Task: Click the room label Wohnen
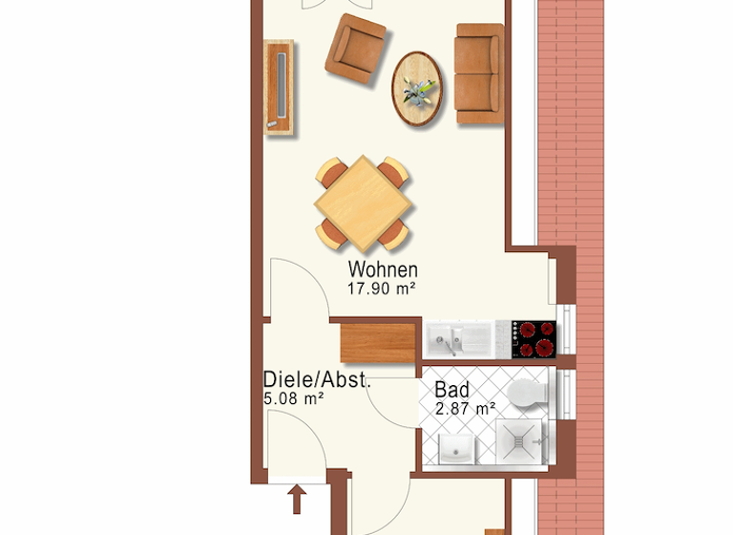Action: pyautogui.click(x=383, y=269)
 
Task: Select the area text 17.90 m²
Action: pyautogui.click(x=383, y=287)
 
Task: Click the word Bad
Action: pyautogui.click(x=451, y=390)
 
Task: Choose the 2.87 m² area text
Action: pyautogui.click(x=465, y=408)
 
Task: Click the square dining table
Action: pyautogui.click(x=364, y=202)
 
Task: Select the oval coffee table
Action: pyautogui.click(x=418, y=88)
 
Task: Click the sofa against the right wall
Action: pyautogui.click(x=479, y=74)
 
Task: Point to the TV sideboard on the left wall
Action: pyautogui.click(x=279, y=88)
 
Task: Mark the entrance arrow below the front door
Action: pyautogui.click(x=297, y=498)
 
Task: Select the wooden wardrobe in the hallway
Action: pyautogui.click(x=378, y=343)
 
